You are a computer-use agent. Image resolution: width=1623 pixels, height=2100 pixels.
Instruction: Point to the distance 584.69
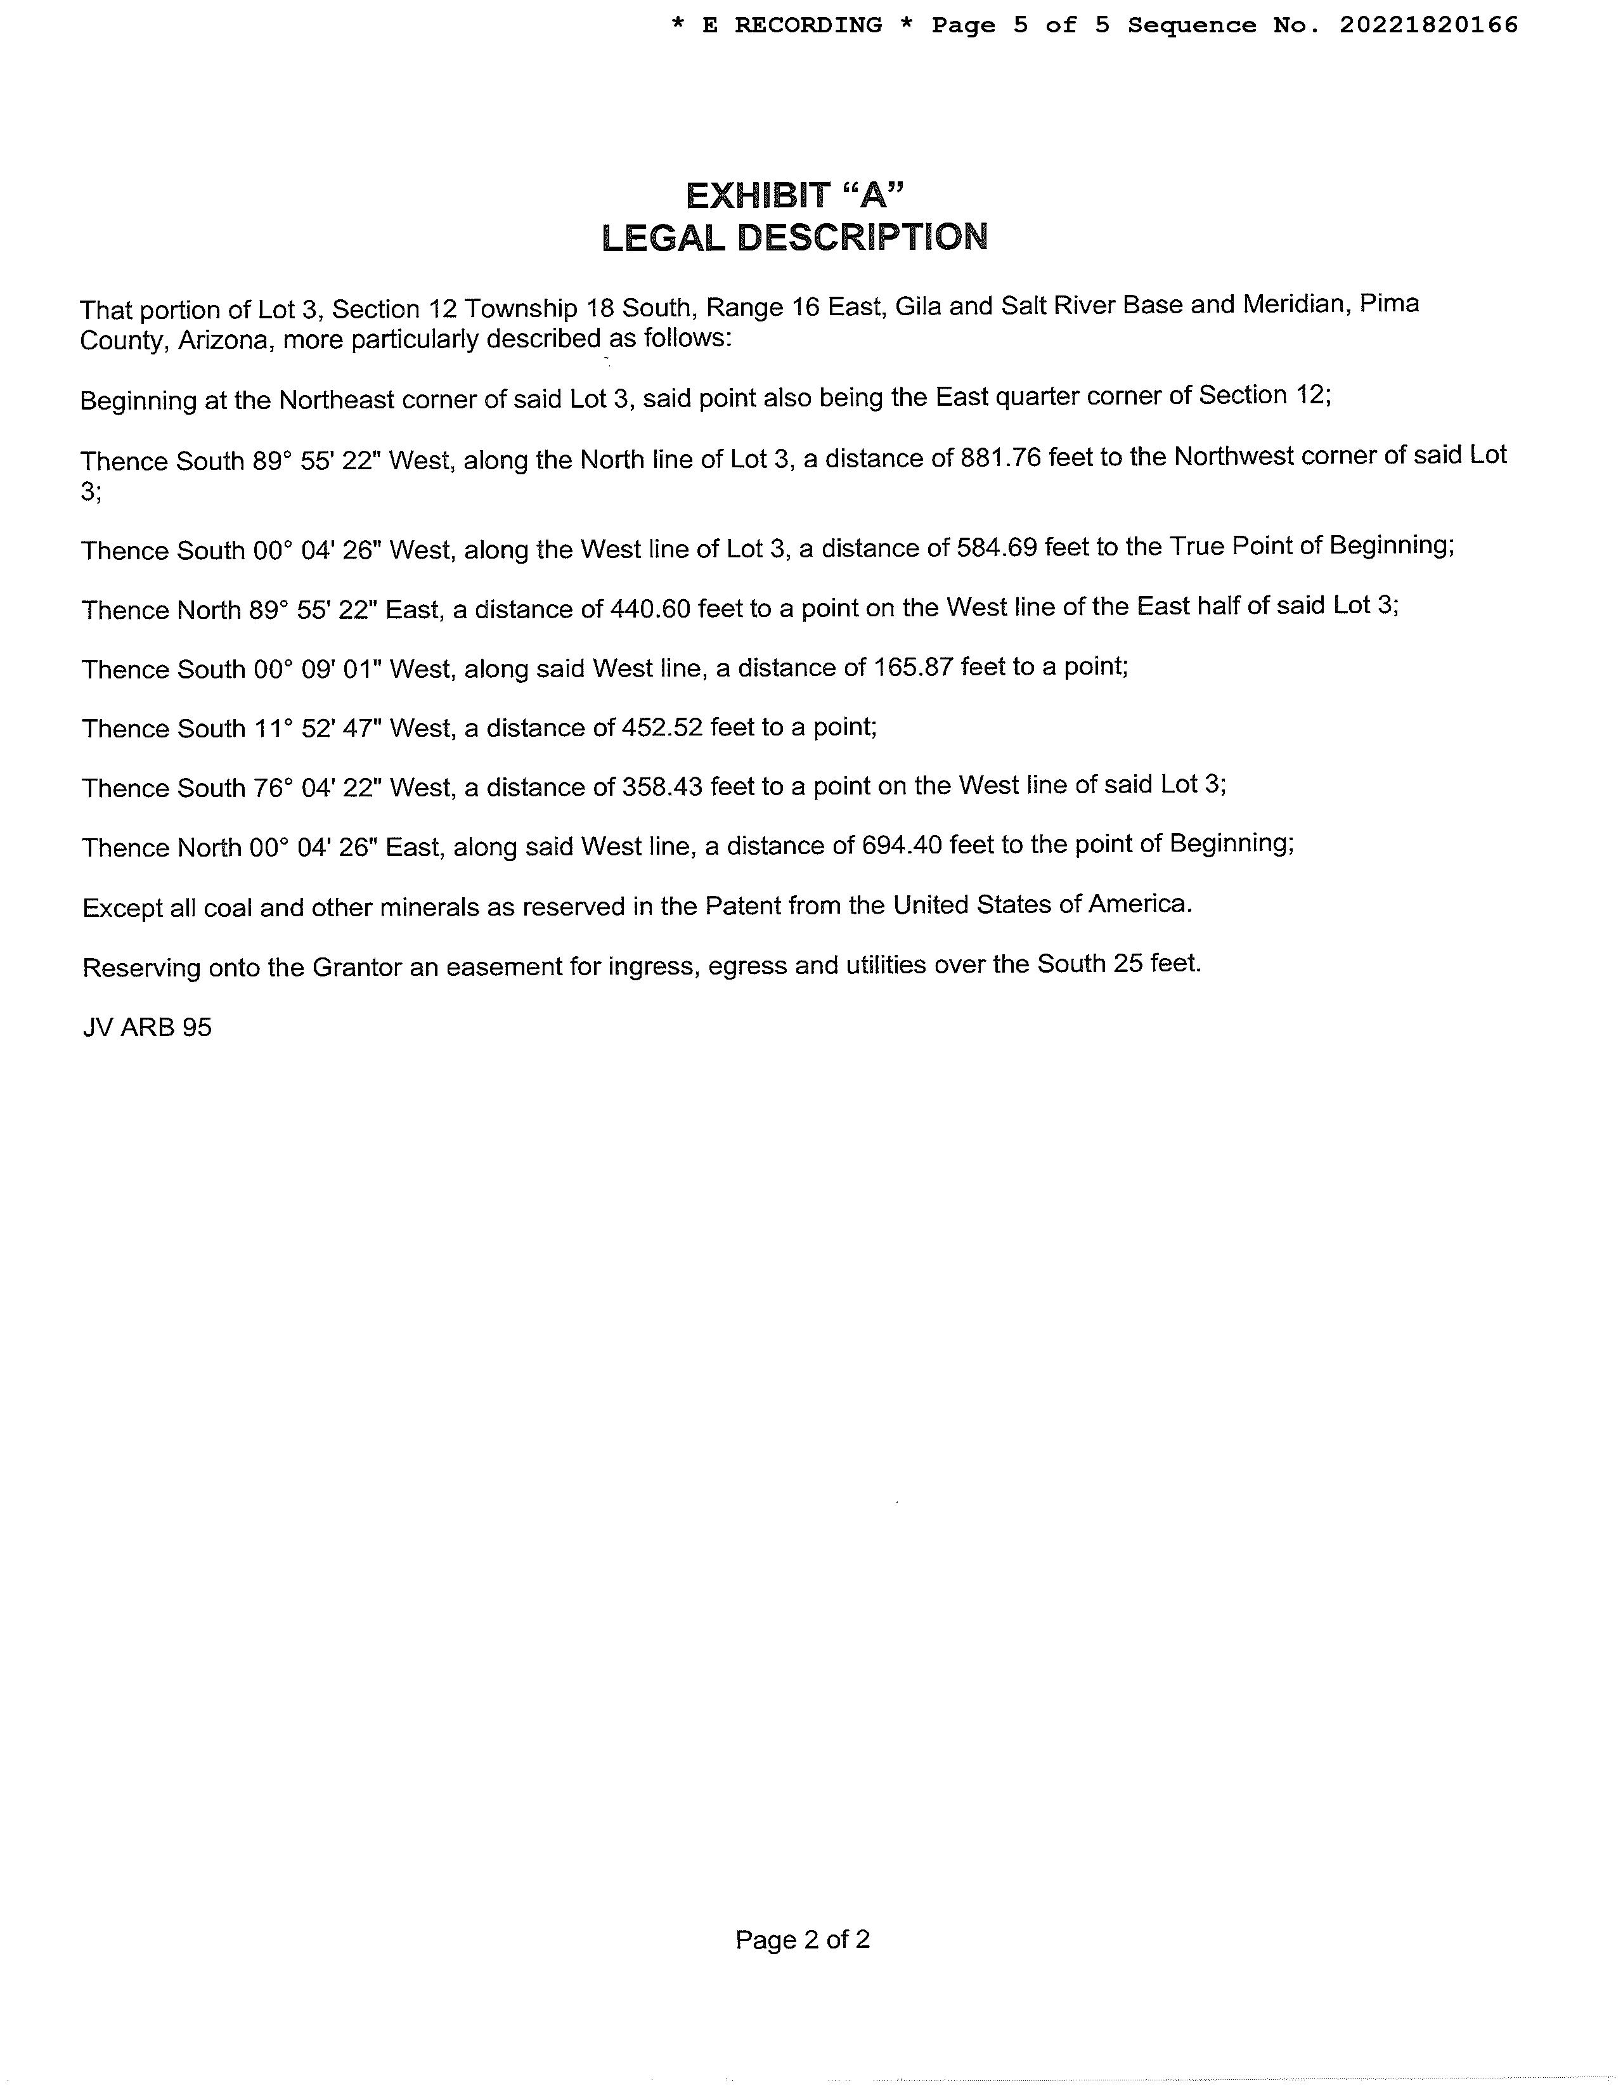coord(996,548)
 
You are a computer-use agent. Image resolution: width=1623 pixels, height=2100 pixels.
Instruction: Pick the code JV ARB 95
coord(147,1028)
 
